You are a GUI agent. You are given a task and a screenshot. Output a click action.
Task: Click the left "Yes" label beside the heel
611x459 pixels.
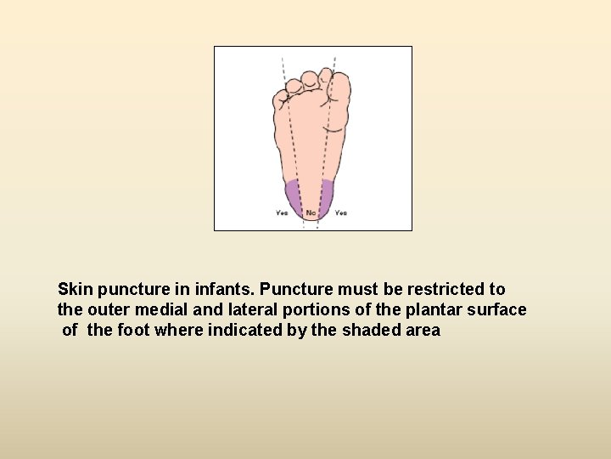282,212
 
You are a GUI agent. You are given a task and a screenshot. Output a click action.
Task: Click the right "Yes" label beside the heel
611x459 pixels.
341,212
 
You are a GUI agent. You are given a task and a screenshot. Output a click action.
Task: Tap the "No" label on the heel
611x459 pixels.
311,212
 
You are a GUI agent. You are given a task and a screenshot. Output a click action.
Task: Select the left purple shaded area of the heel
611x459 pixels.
294,195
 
